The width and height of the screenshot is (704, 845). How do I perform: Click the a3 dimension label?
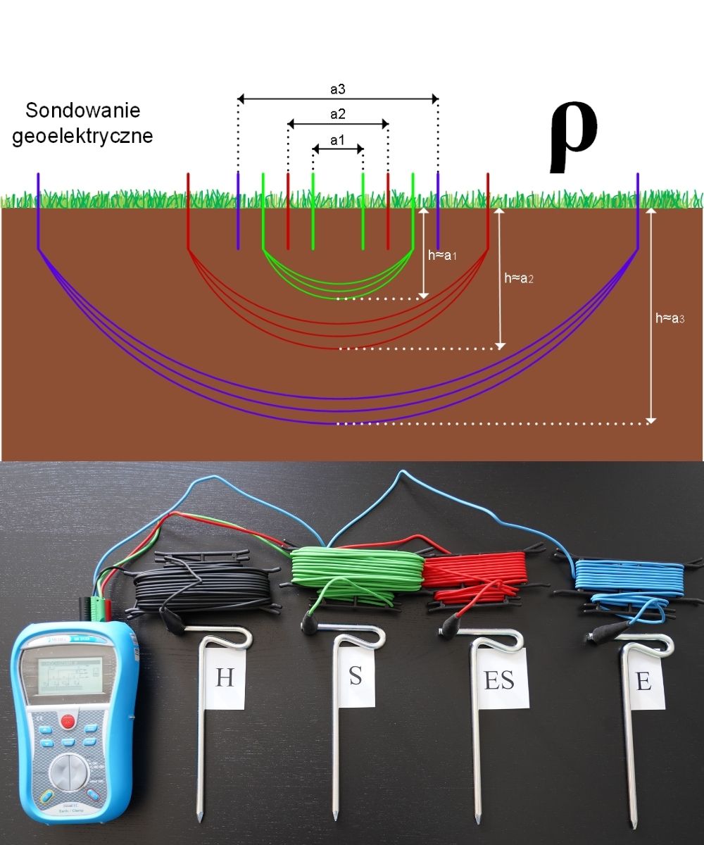[x=338, y=89]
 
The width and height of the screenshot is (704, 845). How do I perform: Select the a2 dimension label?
[x=338, y=114]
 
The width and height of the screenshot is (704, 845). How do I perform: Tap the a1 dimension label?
[x=338, y=139]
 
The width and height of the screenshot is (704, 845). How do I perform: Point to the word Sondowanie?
[x=82, y=111]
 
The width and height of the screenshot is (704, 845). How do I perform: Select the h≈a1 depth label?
[x=443, y=256]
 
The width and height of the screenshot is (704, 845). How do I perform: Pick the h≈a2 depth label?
[x=520, y=278]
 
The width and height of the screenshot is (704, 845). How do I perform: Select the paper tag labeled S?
[x=356, y=677]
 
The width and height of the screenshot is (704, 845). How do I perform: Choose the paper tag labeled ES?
[x=499, y=680]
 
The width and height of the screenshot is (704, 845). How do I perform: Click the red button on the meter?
[x=68, y=720]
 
